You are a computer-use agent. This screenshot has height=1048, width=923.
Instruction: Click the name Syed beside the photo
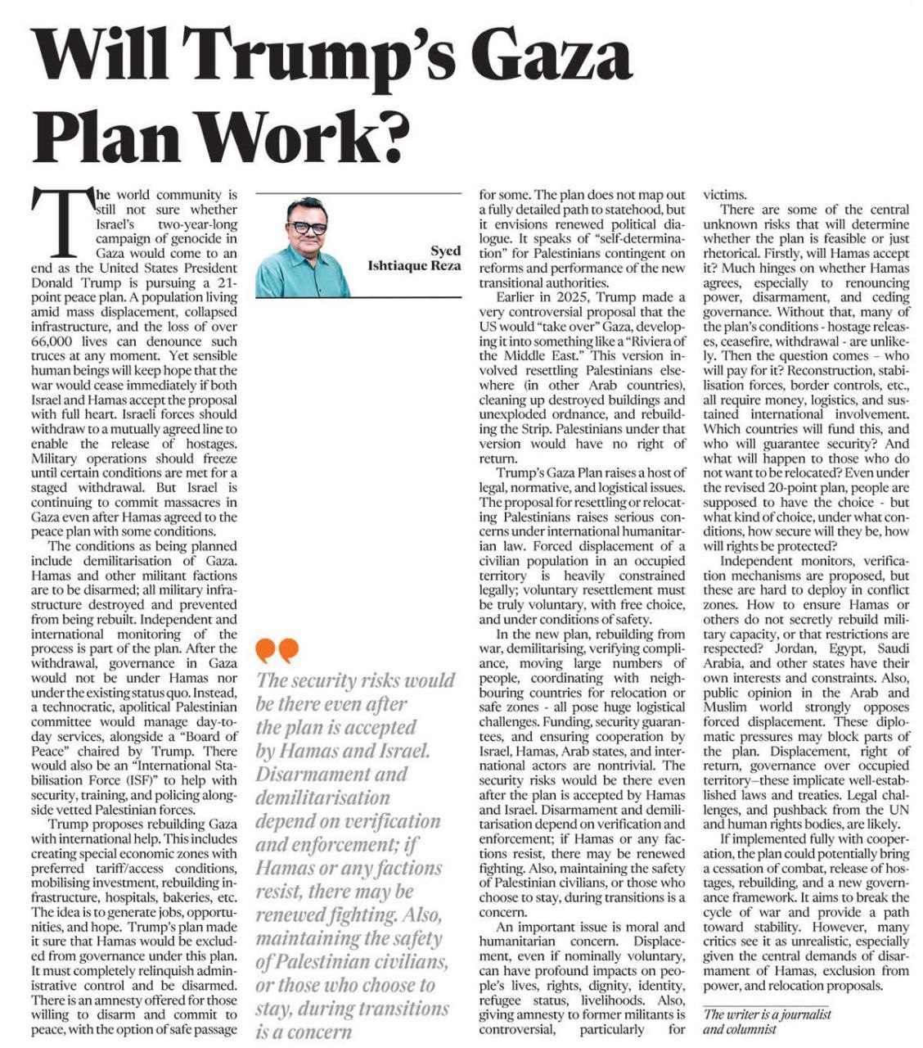click(446, 251)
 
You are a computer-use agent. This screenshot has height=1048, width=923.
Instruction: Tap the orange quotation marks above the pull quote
click(277, 651)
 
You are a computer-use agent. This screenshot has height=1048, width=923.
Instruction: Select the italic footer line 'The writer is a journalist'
click(767, 1014)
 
